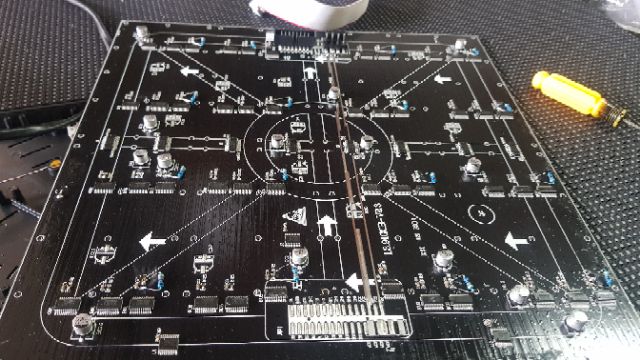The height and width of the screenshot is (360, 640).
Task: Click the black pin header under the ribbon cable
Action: (306, 42)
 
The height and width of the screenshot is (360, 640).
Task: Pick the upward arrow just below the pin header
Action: (311, 77)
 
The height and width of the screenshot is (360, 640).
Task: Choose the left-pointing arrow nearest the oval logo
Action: (515, 240)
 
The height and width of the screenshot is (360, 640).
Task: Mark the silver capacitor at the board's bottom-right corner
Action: (575, 321)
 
